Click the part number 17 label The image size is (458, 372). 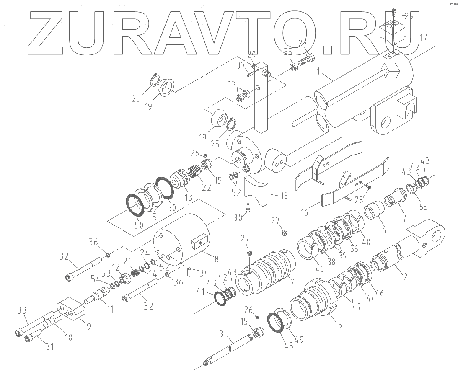coord(423,37)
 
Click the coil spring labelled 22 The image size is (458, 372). coord(194,172)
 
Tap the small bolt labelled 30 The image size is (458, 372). coord(248,206)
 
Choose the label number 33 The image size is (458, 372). coord(21,311)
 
